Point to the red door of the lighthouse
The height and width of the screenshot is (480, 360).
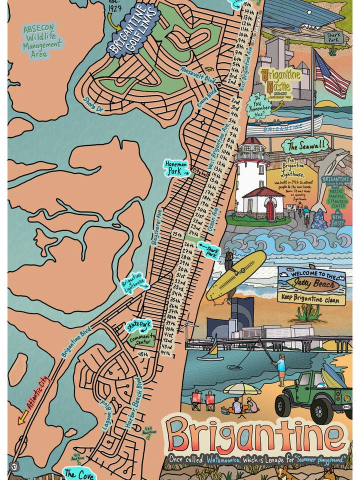tap(270, 210)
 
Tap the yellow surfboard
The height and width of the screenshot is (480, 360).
tap(236, 275)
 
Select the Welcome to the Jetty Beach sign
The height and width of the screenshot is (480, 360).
tap(312, 285)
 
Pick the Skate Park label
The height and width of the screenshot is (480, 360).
tap(138, 325)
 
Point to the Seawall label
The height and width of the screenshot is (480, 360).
tap(305, 145)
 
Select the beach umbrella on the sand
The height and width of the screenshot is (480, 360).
tap(242, 388)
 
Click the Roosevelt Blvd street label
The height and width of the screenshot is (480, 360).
tap(197, 77)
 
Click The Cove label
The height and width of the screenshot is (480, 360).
tap(79, 473)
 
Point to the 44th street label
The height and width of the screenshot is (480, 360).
tap(165, 353)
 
